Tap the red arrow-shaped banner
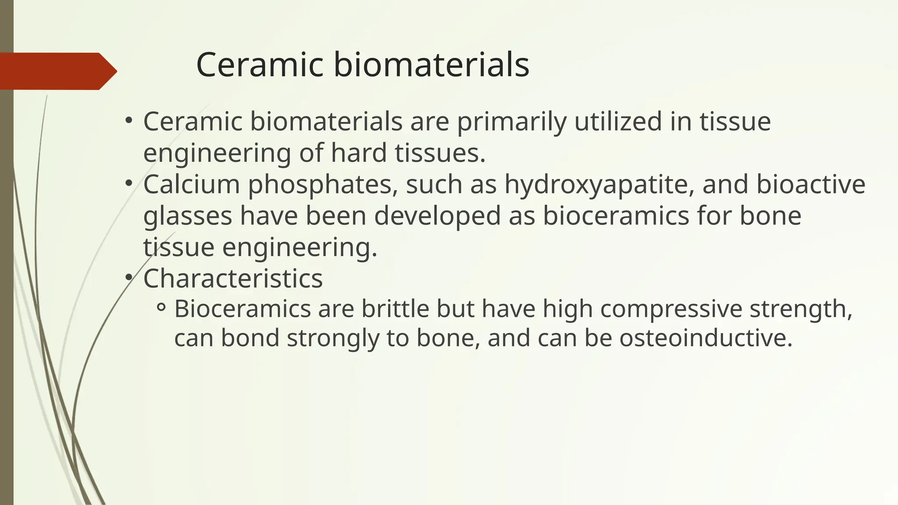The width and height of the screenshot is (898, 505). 57,71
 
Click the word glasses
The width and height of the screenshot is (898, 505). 188,217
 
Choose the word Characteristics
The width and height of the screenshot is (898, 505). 233,278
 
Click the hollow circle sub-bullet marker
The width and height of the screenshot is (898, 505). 161,309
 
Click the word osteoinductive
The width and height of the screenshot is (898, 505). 706,338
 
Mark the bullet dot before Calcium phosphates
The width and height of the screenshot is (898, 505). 128,184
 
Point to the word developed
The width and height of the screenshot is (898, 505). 437,217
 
